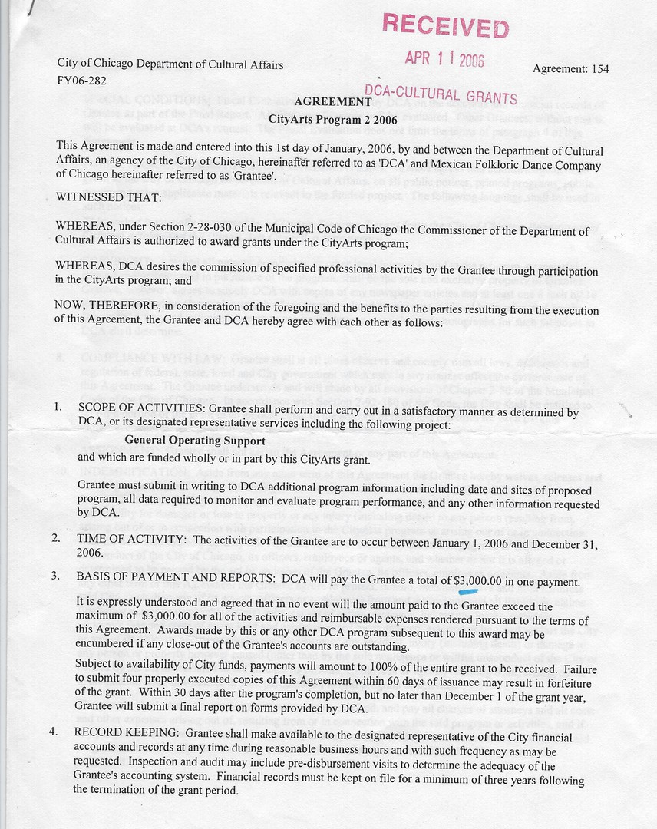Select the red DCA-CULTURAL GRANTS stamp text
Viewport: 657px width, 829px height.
[x=441, y=94]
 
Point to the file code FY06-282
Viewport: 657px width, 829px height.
[x=81, y=80]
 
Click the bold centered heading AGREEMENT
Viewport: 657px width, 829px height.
[x=328, y=102]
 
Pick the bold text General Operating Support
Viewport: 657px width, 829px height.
[x=195, y=441]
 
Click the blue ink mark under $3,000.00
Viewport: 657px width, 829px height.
[x=466, y=592]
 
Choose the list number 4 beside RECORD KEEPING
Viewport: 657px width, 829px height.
[x=53, y=732]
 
